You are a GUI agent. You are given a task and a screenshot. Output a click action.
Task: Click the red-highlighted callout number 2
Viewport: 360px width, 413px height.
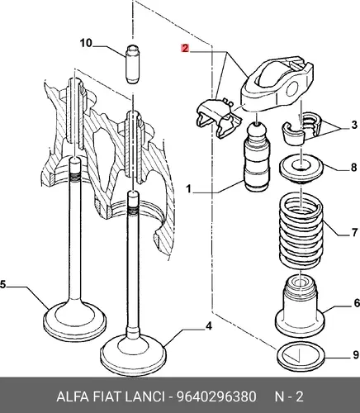tap(185, 48)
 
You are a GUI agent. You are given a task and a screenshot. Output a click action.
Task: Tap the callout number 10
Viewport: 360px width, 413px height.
tap(86, 43)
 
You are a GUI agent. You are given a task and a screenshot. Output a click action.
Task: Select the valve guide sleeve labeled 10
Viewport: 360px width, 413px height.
tap(133, 64)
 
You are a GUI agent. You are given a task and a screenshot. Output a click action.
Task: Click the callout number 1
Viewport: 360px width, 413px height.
tap(188, 189)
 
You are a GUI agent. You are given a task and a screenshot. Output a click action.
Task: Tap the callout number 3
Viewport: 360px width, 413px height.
tap(354, 125)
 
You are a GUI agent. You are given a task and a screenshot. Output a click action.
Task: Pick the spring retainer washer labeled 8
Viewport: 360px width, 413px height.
tap(301, 168)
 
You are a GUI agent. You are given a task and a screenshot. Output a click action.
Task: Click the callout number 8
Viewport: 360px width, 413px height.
tap(354, 167)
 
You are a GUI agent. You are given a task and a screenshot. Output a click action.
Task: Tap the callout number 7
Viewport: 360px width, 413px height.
tap(354, 232)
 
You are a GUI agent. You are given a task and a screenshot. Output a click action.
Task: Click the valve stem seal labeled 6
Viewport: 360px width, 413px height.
tap(300, 307)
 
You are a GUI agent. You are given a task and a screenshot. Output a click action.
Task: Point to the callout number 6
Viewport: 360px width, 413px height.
tap(357, 303)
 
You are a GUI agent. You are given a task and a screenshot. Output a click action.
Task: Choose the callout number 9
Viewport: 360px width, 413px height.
tap(356, 355)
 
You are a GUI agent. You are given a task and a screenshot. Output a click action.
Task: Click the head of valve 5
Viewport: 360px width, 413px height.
tap(75, 321)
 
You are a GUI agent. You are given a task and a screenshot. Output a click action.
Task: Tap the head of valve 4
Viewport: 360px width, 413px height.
tap(134, 355)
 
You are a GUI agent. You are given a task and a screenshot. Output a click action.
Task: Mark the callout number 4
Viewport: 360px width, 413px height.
tap(209, 326)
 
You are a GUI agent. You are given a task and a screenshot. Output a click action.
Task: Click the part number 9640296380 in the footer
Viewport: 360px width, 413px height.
tap(216, 396)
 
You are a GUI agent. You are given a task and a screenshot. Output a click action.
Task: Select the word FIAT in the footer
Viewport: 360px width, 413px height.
tap(107, 396)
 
